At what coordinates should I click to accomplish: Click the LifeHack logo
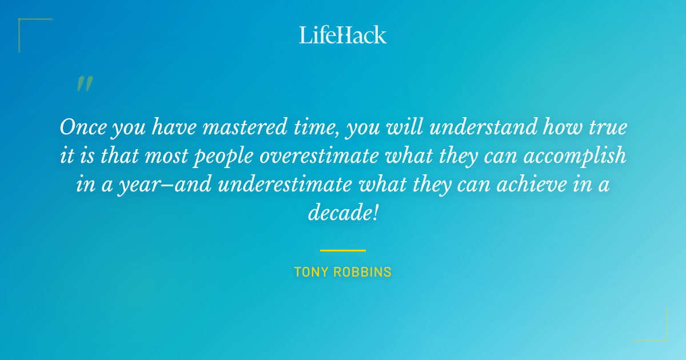(x=343, y=35)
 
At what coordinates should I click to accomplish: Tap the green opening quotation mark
(x=84, y=84)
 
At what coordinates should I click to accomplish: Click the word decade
(x=341, y=214)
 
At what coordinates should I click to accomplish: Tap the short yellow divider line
(x=343, y=250)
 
